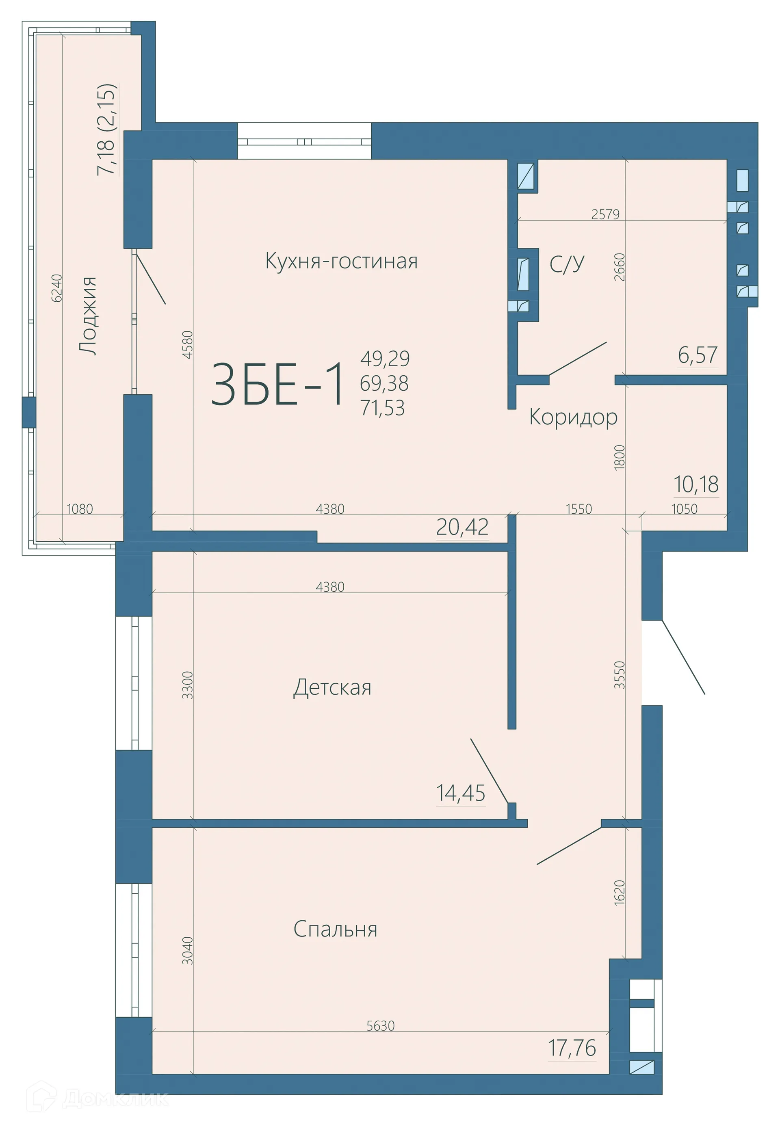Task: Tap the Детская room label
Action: tap(332, 688)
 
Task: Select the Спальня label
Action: tap(335, 929)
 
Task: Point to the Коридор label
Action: tap(573, 417)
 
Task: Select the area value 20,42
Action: tap(462, 527)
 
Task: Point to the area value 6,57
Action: tap(698, 355)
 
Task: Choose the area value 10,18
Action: tap(696, 484)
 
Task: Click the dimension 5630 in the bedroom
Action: tap(380, 1025)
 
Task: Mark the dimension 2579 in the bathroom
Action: tap(605, 214)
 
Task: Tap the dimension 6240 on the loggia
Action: tap(57, 288)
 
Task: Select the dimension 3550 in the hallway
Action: tap(620, 675)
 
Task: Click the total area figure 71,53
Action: tap(383, 407)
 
